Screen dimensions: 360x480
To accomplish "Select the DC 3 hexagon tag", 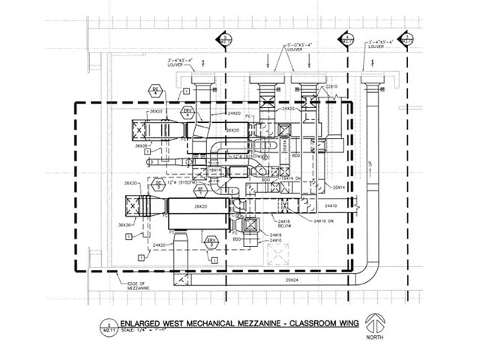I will pyautogui.click(x=158, y=184).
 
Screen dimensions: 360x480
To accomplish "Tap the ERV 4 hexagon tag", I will pyautogui.click(x=187, y=112).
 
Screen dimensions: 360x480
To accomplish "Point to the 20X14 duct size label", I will pyautogui.click(x=339, y=187).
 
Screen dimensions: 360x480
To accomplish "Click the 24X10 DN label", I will pyautogui.click(x=324, y=222).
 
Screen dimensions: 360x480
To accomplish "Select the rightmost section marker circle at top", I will pyautogui.click(x=406, y=38).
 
